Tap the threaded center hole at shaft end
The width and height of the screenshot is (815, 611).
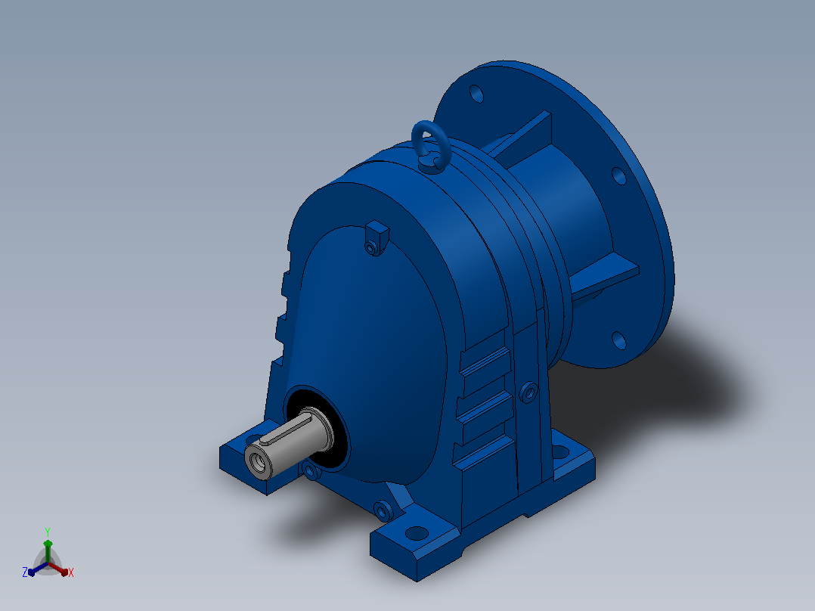coord(256,461)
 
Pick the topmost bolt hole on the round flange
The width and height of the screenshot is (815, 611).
coord(476,94)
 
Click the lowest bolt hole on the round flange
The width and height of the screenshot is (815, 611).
coord(619,340)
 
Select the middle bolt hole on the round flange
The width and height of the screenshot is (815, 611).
coord(619,175)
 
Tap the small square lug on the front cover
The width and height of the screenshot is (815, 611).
coord(377,237)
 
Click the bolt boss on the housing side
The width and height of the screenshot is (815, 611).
coord(528,392)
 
